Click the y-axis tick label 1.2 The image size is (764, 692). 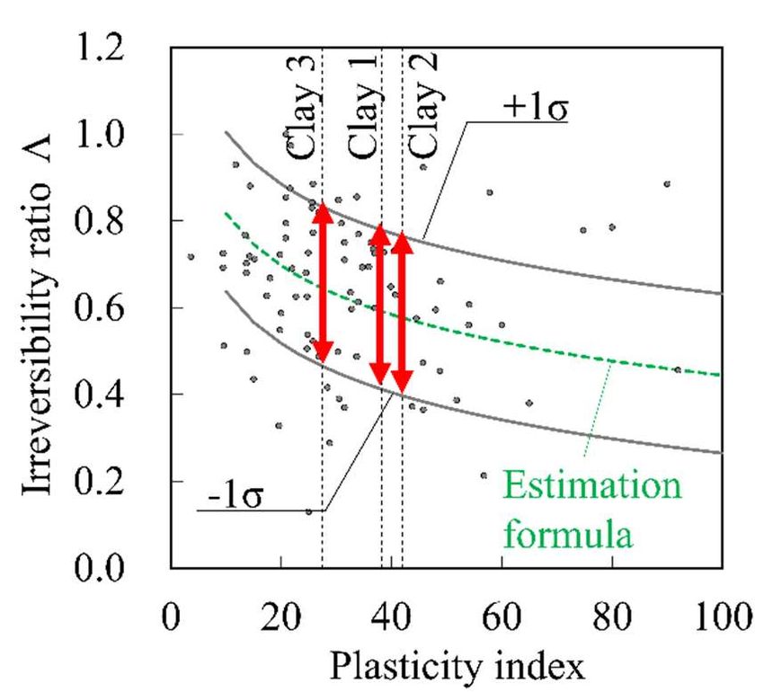[x=123, y=49]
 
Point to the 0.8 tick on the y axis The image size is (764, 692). [x=123, y=221]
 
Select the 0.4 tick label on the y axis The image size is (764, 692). [x=123, y=395]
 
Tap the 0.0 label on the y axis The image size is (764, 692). [x=123, y=568]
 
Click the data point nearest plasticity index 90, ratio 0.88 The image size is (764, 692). [x=667, y=184]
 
